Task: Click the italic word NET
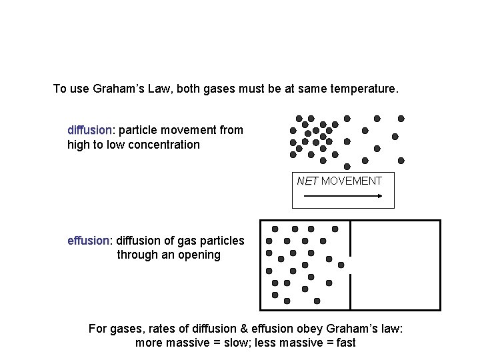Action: click(307, 181)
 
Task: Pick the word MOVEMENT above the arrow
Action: click(351, 181)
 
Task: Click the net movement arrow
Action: click(342, 196)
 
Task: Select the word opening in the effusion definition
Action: click(198, 255)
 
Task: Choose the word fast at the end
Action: click(344, 343)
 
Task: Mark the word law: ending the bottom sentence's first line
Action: click(391, 329)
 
